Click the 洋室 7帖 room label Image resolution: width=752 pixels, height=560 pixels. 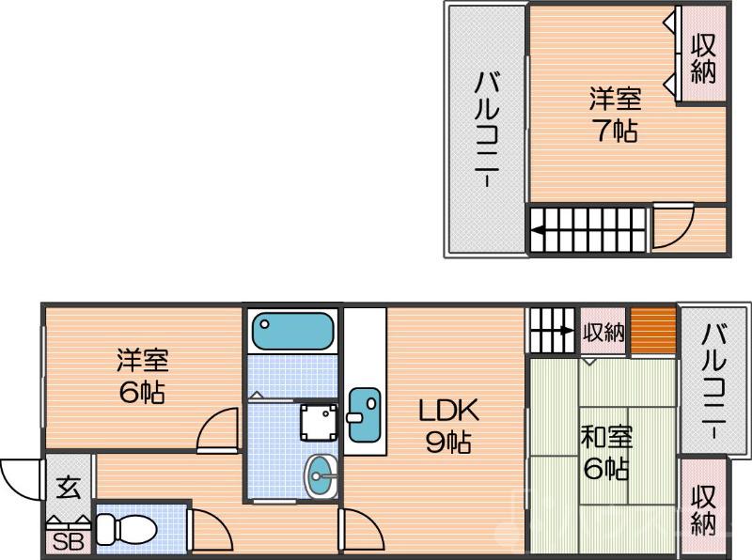pyautogui.click(x=616, y=114)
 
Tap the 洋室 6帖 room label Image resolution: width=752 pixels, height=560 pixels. pyautogui.click(x=142, y=376)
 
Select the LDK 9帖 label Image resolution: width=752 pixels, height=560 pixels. pyautogui.click(x=448, y=426)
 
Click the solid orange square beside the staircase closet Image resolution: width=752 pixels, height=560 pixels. pyautogui.click(x=652, y=331)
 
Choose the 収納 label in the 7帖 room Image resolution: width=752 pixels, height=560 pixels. pyautogui.click(x=703, y=58)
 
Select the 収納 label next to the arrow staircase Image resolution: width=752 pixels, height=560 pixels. pyautogui.click(x=603, y=332)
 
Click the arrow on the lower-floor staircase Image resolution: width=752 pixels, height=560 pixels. pyautogui.click(x=562, y=330)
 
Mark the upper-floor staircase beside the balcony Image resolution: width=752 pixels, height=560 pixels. pyautogui.click(x=587, y=229)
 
